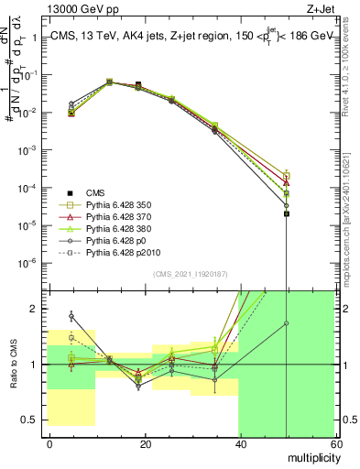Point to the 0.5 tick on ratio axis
tap(32, 420)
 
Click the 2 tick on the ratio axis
tap(38, 309)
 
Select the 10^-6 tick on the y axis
tap(30, 262)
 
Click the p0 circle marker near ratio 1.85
tap(71, 316)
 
